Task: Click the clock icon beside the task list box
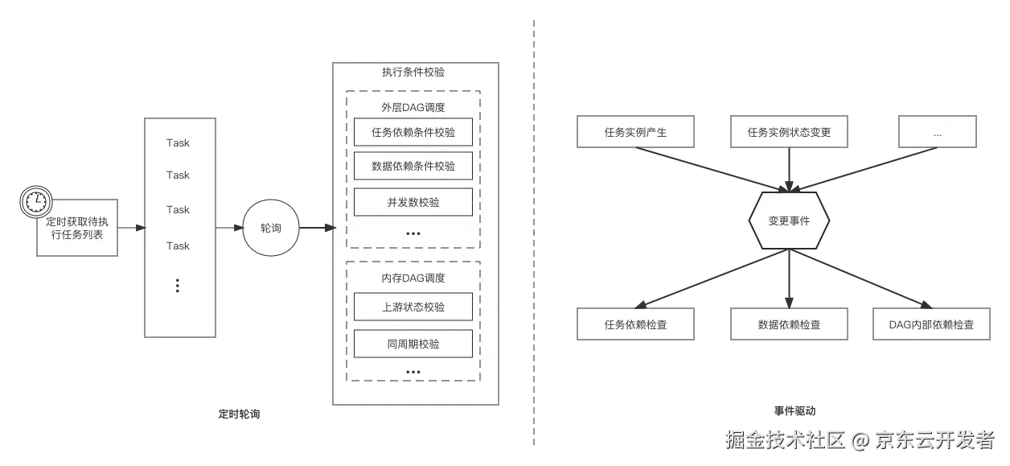pos(35,202)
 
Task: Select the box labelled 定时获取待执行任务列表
pos(80,227)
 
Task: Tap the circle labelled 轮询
pos(271,229)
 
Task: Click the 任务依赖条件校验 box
pos(413,132)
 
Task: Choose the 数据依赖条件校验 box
pos(413,166)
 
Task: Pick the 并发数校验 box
pos(413,202)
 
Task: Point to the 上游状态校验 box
pos(413,307)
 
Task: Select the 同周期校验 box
pos(413,344)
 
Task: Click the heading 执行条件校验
pos(413,72)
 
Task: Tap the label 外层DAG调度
pos(413,107)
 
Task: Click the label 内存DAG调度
pos(413,278)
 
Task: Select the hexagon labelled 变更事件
pos(788,221)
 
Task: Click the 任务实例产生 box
pos(635,132)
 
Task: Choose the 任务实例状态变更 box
pos(788,132)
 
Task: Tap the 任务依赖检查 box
pos(635,324)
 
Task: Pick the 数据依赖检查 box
pos(788,324)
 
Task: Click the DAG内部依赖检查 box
pos(930,324)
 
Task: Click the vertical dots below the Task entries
pos(178,285)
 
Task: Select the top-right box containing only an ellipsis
pos(937,132)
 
